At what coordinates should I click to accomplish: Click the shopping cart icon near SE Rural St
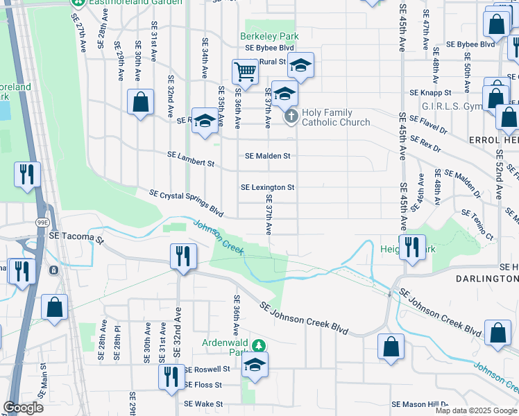[244, 70]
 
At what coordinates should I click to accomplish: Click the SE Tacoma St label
[76, 236]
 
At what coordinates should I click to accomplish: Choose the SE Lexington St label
[267, 187]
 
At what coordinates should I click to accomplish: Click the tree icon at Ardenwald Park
[258, 345]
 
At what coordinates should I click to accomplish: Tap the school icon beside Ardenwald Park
[255, 364]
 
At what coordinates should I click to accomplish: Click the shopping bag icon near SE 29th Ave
[140, 102]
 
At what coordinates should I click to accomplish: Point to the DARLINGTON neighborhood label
[486, 278]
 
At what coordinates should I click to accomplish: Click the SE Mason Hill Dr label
[420, 404]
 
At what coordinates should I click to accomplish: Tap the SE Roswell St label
[206, 370]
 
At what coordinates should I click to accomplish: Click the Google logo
[23, 408]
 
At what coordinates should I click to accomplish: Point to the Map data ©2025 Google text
[475, 410]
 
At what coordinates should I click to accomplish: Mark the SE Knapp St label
[430, 92]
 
